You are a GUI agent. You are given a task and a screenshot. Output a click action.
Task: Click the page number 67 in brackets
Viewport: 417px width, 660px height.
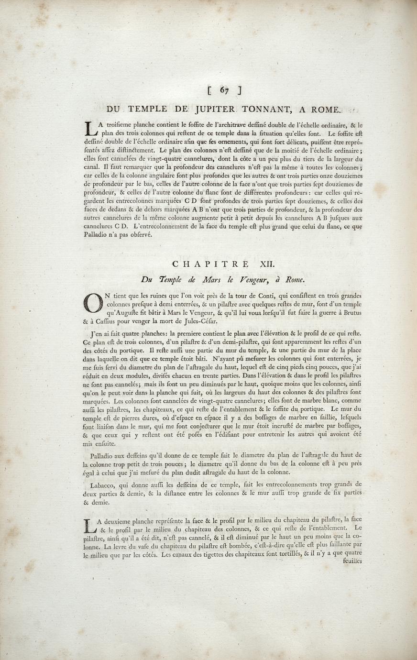[x=224, y=89]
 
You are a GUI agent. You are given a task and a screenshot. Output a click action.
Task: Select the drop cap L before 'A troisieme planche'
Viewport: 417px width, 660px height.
[x=91, y=129]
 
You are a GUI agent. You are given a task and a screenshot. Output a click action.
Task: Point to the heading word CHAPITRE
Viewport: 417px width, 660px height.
[x=210, y=264]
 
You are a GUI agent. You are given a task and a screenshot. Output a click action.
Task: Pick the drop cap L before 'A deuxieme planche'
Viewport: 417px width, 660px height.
[x=90, y=526]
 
